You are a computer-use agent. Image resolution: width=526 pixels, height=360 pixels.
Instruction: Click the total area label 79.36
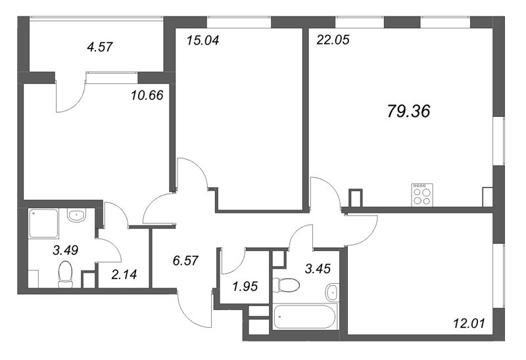click(408, 111)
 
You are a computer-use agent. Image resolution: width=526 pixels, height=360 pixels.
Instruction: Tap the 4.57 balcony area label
click(100, 47)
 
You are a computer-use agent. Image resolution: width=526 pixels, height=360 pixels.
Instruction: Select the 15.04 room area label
click(203, 40)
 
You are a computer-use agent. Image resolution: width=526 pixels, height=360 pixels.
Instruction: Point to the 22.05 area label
click(333, 39)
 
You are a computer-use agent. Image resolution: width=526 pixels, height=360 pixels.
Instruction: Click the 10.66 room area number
click(147, 95)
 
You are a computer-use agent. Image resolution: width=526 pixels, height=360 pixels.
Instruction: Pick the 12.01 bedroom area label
click(469, 323)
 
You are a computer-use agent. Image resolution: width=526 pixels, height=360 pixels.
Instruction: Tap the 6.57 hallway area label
click(185, 260)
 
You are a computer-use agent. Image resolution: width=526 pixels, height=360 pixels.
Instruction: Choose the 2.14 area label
click(124, 275)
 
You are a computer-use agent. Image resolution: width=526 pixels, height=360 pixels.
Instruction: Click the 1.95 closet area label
click(245, 286)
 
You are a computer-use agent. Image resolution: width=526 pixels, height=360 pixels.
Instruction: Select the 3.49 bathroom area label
click(65, 250)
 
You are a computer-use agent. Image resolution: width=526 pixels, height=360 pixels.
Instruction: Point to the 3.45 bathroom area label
click(318, 268)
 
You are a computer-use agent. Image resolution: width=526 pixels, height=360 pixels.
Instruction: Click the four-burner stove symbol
click(422, 194)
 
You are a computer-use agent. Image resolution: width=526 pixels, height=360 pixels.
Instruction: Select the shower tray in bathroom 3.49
click(43, 223)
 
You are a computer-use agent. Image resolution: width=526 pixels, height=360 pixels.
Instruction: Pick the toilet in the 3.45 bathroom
click(286, 285)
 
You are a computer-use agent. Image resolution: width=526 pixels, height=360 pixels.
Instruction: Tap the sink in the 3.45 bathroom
click(332, 292)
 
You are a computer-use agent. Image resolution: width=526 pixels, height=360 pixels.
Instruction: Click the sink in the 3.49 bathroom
click(77, 215)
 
